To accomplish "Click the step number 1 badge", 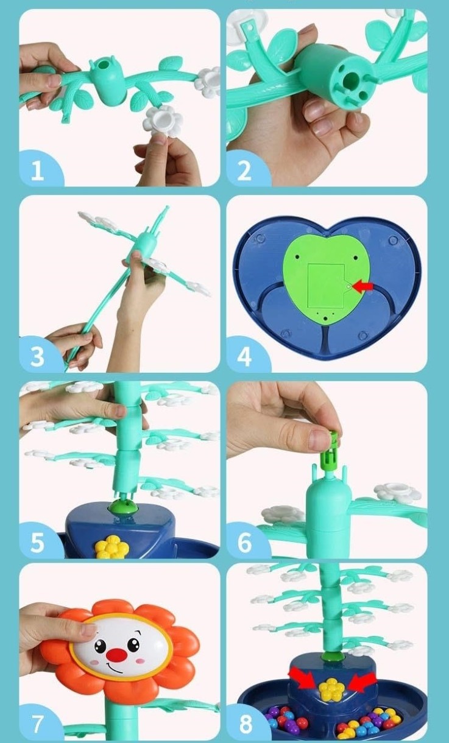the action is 38,169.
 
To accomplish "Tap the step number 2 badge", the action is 246,169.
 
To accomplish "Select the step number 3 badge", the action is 38,356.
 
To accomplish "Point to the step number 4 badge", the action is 246,356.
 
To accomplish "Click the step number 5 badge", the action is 38,541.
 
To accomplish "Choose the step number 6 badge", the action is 246,541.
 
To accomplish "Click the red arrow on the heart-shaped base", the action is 362,286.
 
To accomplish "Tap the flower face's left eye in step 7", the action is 100,645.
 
